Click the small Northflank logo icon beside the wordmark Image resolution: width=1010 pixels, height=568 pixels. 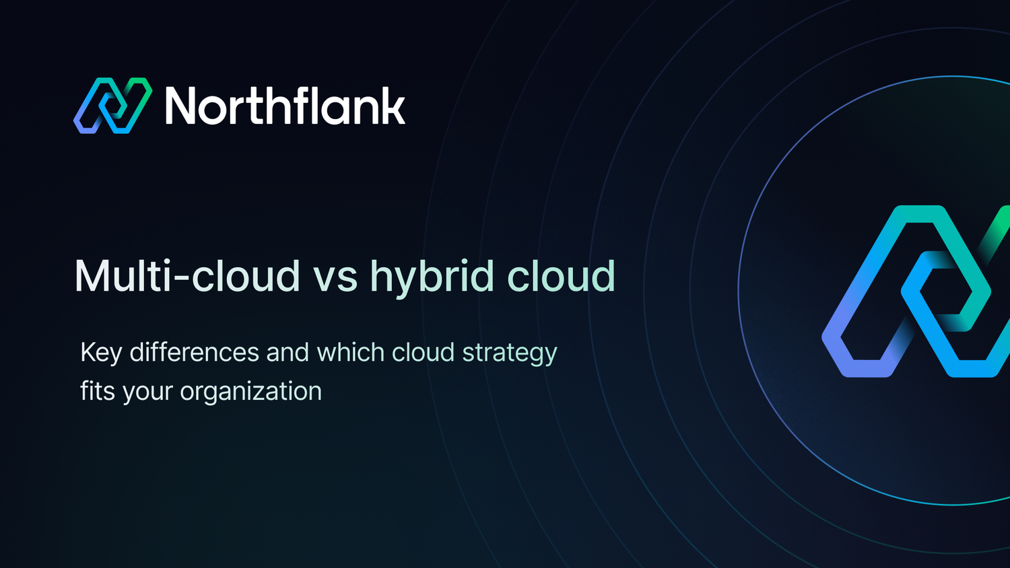click(112, 106)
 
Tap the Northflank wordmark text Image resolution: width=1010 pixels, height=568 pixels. click(285, 106)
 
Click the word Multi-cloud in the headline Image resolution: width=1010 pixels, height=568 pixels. click(187, 276)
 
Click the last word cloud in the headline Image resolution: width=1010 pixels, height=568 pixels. click(561, 276)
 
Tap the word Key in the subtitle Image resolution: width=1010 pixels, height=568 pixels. click(101, 353)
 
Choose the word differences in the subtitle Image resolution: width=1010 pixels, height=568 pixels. click(194, 352)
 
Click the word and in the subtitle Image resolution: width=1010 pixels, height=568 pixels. click(288, 352)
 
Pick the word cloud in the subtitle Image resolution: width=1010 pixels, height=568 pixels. click(423, 352)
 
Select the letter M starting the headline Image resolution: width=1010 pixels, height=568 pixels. click(92, 276)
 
